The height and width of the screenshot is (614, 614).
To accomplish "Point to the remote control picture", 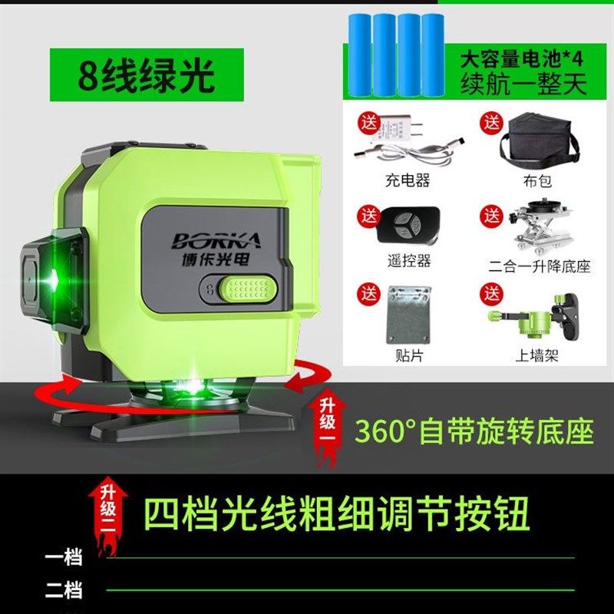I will point(408,226).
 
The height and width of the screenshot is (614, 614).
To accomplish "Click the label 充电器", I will point(407,182).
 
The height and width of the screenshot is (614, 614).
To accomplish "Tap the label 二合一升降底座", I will point(540,266).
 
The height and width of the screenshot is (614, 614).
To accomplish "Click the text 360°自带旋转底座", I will point(473,431).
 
